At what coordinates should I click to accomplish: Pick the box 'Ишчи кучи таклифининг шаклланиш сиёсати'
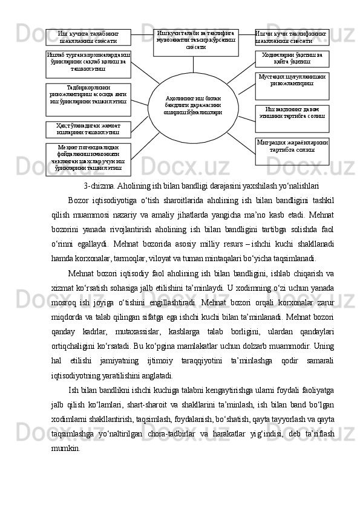tap(292, 37)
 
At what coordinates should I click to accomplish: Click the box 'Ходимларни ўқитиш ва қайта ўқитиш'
tap(292, 59)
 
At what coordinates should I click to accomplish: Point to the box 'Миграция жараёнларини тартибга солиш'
tap(292, 151)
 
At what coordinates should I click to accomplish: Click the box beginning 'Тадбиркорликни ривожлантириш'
tap(88, 96)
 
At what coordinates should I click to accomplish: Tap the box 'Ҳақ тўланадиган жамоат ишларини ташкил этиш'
tap(88, 128)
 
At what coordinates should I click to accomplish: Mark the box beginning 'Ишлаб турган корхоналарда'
tap(88, 63)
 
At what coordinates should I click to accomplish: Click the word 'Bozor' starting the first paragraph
tap(79, 201)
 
